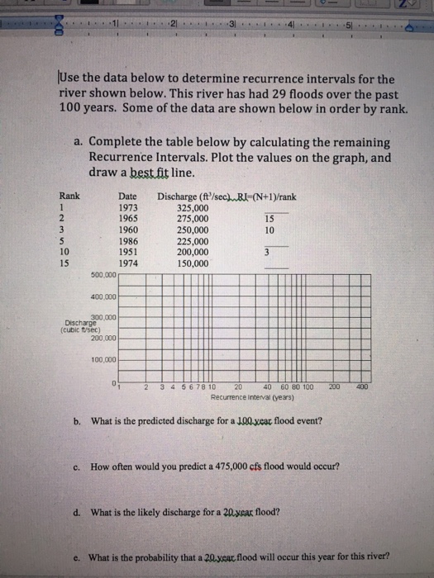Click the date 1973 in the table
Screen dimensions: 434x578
pos(128,208)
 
